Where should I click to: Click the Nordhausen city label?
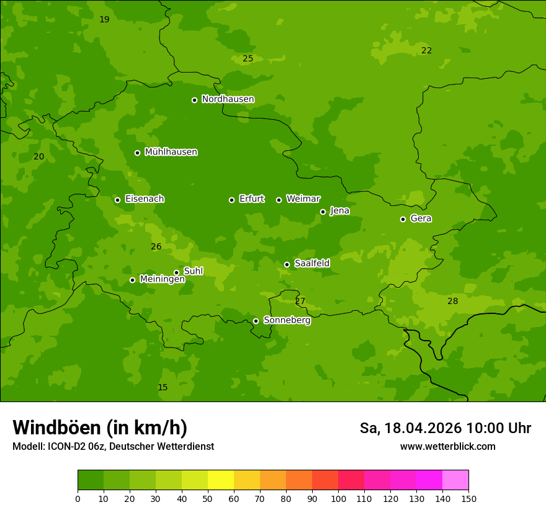click(228, 99)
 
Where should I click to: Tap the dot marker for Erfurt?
click(232, 200)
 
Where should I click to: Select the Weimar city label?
click(303, 199)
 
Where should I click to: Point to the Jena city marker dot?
click(323, 212)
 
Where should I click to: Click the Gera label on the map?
click(421, 218)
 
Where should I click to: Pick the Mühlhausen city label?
click(171, 152)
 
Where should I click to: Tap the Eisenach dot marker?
click(117, 200)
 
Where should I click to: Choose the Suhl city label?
click(193, 271)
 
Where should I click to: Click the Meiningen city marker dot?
click(132, 280)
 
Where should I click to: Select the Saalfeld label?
click(311, 264)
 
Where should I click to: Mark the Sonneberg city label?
click(287, 320)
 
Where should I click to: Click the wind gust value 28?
click(453, 301)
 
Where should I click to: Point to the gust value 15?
click(163, 387)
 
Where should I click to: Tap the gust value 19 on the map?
click(104, 19)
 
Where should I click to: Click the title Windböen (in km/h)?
click(100, 428)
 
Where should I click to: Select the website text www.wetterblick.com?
click(447, 446)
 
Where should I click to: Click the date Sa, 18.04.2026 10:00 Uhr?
click(445, 428)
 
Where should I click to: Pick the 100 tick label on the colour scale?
click(338, 498)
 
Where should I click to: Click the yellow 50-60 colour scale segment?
click(221, 480)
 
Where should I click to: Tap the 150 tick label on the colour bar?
click(468, 498)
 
